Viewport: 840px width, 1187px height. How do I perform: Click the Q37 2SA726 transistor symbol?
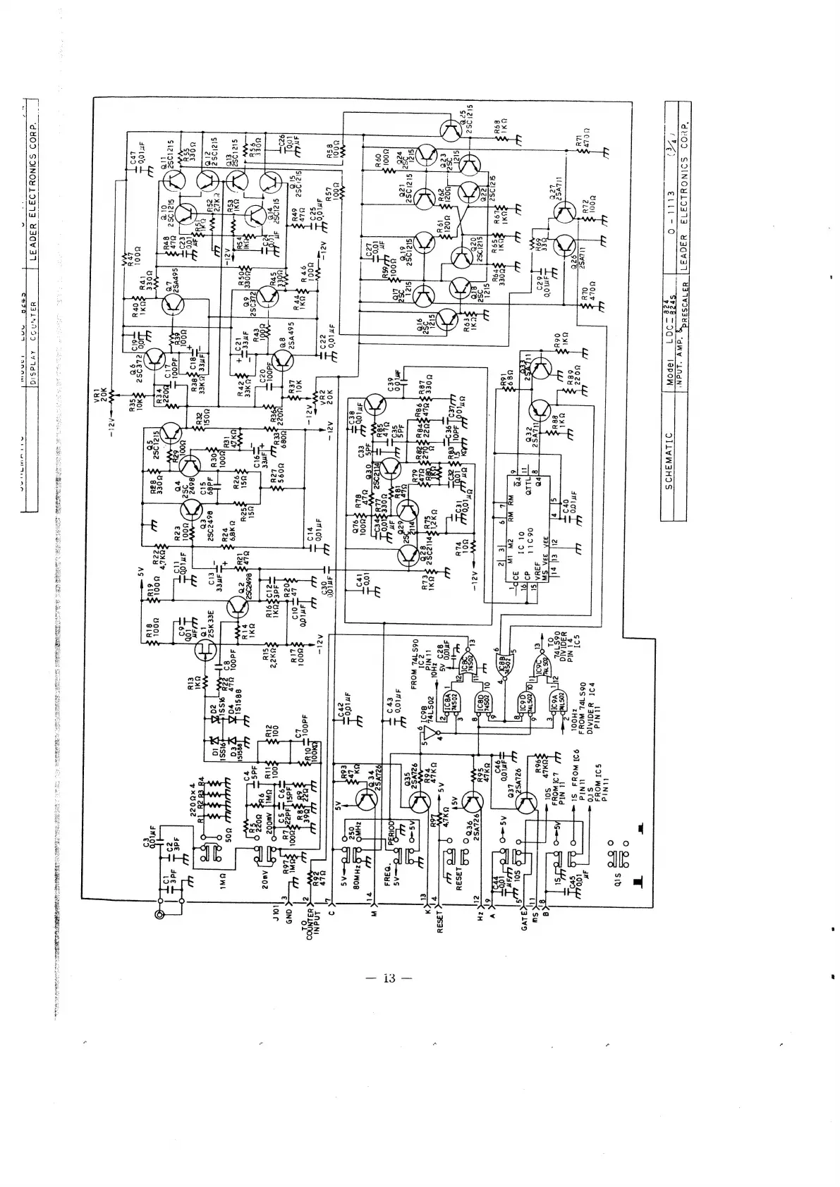click(529, 803)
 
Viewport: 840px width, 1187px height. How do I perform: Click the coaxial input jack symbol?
click(161, 916)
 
